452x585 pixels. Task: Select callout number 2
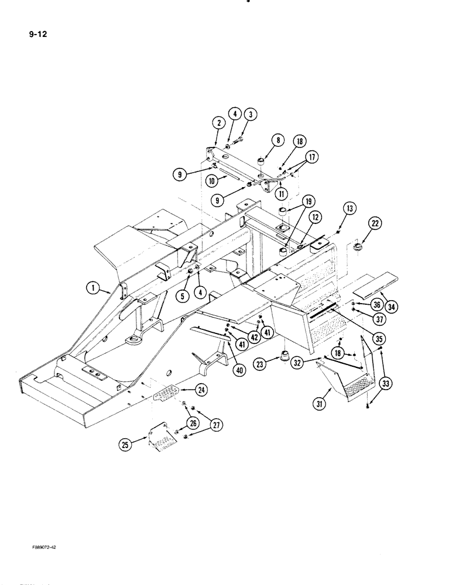(x=218, y=123)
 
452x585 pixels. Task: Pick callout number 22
(x=374, y=223)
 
